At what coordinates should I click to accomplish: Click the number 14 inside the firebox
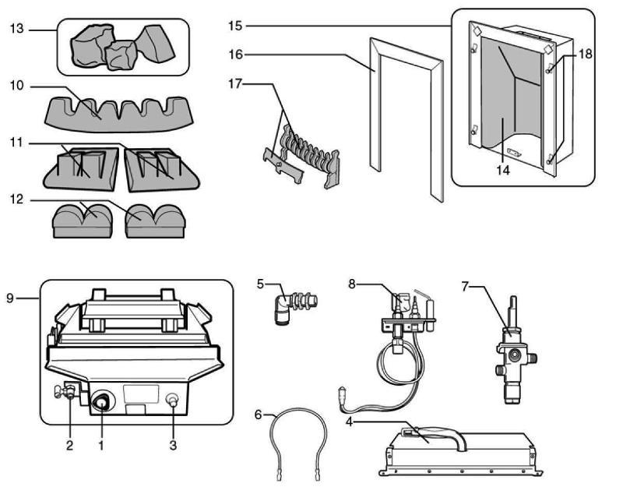pos(503,170)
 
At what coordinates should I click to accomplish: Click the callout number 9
pos(10,298)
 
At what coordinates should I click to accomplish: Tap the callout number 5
pos(262,284)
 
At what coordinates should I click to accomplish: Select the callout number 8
pos(352,284)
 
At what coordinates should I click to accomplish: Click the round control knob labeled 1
pos(100,403)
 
